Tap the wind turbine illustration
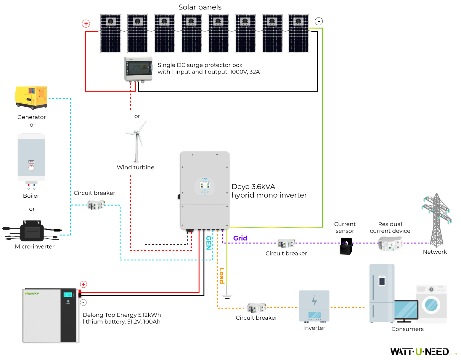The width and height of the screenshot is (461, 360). coord(136,142)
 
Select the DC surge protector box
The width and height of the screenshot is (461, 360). coord(138,69)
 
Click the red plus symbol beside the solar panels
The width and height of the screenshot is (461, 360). coord(86,24)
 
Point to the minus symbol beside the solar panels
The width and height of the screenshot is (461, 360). coord(319,21)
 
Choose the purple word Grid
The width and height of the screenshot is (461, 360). coord(240,238)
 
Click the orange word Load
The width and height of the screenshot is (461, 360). coord(221,276)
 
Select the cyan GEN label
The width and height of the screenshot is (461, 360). coord(209,243)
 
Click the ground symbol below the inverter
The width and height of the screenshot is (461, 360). coord(227,296)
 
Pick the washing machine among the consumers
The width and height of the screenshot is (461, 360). coord(431,304)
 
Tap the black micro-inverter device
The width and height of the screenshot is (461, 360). coord(32,231)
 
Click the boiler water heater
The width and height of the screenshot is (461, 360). coord(31,160)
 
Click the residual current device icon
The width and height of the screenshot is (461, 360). coord(390,244)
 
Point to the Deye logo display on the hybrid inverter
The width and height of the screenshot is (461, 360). coord(205,186)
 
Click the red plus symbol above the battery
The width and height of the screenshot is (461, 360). coord(84,284)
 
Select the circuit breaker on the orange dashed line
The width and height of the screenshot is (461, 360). coord(256,308)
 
